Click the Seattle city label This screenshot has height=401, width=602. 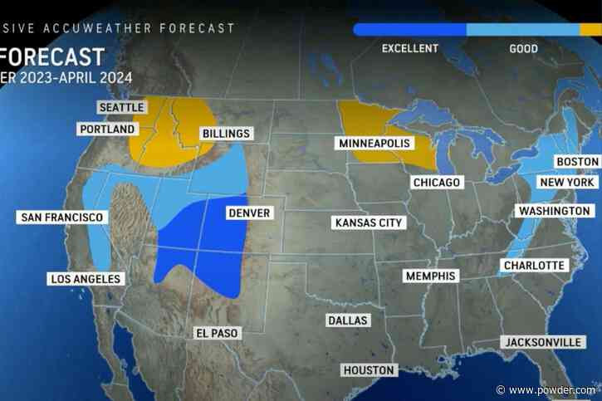[121, 108]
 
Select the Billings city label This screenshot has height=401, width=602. [226, 133]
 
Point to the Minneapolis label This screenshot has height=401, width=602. [375, 144]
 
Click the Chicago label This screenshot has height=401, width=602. [437, 183]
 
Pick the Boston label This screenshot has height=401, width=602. [578, 161]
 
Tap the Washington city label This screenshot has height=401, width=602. [555, 211]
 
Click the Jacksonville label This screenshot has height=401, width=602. [541, 342]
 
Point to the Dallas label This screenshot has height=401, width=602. [347, 320]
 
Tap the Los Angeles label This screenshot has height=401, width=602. [86, 279]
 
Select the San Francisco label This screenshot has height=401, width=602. [61, 218]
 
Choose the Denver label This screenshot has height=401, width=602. [249, 213]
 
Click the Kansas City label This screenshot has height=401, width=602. [367, 223]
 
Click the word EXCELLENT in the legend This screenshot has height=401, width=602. [409, 49]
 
